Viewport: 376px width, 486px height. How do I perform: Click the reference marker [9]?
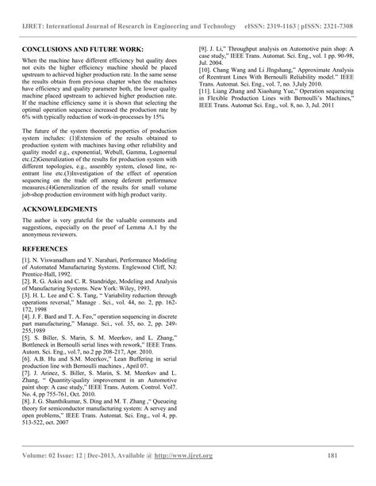pos(204,49)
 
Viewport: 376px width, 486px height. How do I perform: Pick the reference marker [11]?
pos(205,92)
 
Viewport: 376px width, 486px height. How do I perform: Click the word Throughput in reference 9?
pos(245,49)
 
